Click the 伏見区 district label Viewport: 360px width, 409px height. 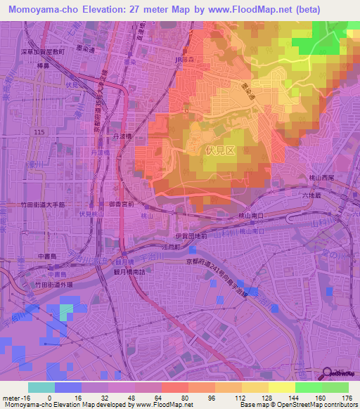tap(217, 150)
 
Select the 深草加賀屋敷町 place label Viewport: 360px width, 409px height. tap(42, 51)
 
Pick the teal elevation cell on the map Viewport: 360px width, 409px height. tap(66, 310)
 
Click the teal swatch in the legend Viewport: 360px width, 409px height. tap(40, 388)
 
